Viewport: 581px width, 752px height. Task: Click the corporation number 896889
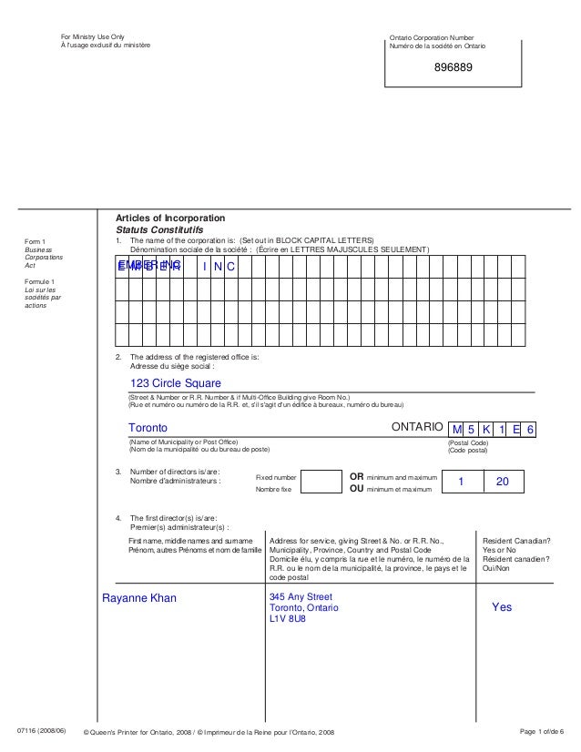[453, 68]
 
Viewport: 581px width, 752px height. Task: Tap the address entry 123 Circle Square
[175, 382]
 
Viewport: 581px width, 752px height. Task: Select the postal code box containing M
[457, 429]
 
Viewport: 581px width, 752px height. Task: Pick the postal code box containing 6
[531, 429]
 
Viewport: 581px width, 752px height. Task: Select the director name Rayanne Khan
[138, 598]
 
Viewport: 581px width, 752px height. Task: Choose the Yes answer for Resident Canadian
[502, 606]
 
